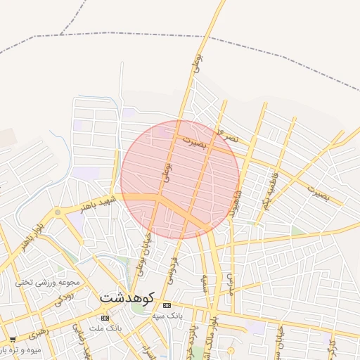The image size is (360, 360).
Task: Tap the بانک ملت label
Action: pyautogui.click(x=109, y=328)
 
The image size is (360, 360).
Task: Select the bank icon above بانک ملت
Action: pyautogui.click(x=105, y=318)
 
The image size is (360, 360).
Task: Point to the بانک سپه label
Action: pyautogui.click(x=167, y=316)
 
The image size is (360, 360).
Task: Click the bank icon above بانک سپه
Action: pyautogui.click(x=167, y=305)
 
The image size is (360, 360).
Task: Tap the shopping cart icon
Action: pyautogui.click(x=13, y=339)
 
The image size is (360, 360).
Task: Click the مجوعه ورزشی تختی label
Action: pyautogui.click(x=48, y=283)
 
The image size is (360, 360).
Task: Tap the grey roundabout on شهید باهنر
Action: pyautogui.click(x=58, y=212)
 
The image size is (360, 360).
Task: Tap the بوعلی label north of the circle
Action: pyautogui.click(x=197, y=65)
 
